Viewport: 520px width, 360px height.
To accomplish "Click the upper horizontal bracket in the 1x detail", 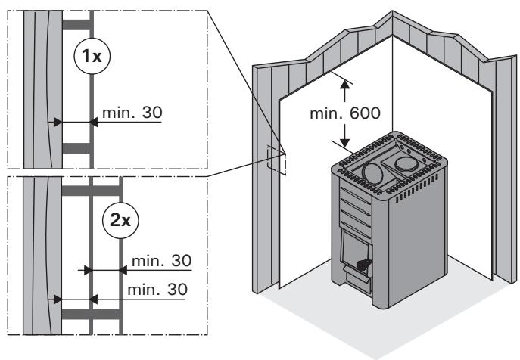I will coord(78,25).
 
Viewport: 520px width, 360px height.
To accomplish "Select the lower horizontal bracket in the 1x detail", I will coord(78,147).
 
